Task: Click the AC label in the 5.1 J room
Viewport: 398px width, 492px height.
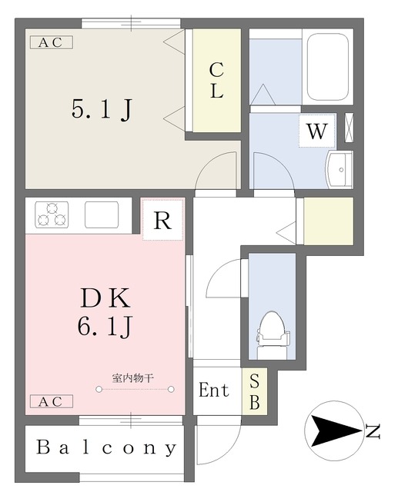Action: (x=52, y=42)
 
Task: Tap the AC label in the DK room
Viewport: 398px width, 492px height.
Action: (x=52, y=401)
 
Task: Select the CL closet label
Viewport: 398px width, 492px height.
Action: (x=216, y=80)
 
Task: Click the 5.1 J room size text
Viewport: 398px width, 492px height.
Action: (x=102, y=109)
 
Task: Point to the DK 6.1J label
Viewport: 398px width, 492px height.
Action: (x=105, y=312)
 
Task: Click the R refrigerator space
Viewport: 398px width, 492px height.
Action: (x=162, y=220)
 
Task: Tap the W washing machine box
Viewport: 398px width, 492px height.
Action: (x=317, y=131)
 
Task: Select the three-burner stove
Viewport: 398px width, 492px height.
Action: (x=52, y=215)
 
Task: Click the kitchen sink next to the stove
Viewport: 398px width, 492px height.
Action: (x=102, y=215)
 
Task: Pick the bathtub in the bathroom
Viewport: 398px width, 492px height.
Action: (x=328, y=67)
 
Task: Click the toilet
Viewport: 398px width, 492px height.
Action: (x=272, y=335)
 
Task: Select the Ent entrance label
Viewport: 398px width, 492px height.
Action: (x=214, y=391)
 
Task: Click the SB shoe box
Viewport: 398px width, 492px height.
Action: (x=255, y=391)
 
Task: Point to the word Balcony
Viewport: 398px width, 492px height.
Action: (x=106, y=447)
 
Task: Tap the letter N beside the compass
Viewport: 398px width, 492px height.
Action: (x=373, y=431)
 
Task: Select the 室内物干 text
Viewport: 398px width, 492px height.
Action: (x=133, y=378)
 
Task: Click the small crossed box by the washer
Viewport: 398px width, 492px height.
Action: (x=349, y=128)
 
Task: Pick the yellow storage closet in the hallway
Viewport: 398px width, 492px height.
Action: (x=329, y=221)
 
